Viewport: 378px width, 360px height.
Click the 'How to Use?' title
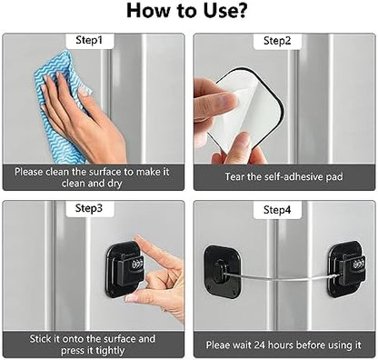pyautogui.click(x=189, y=12)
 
